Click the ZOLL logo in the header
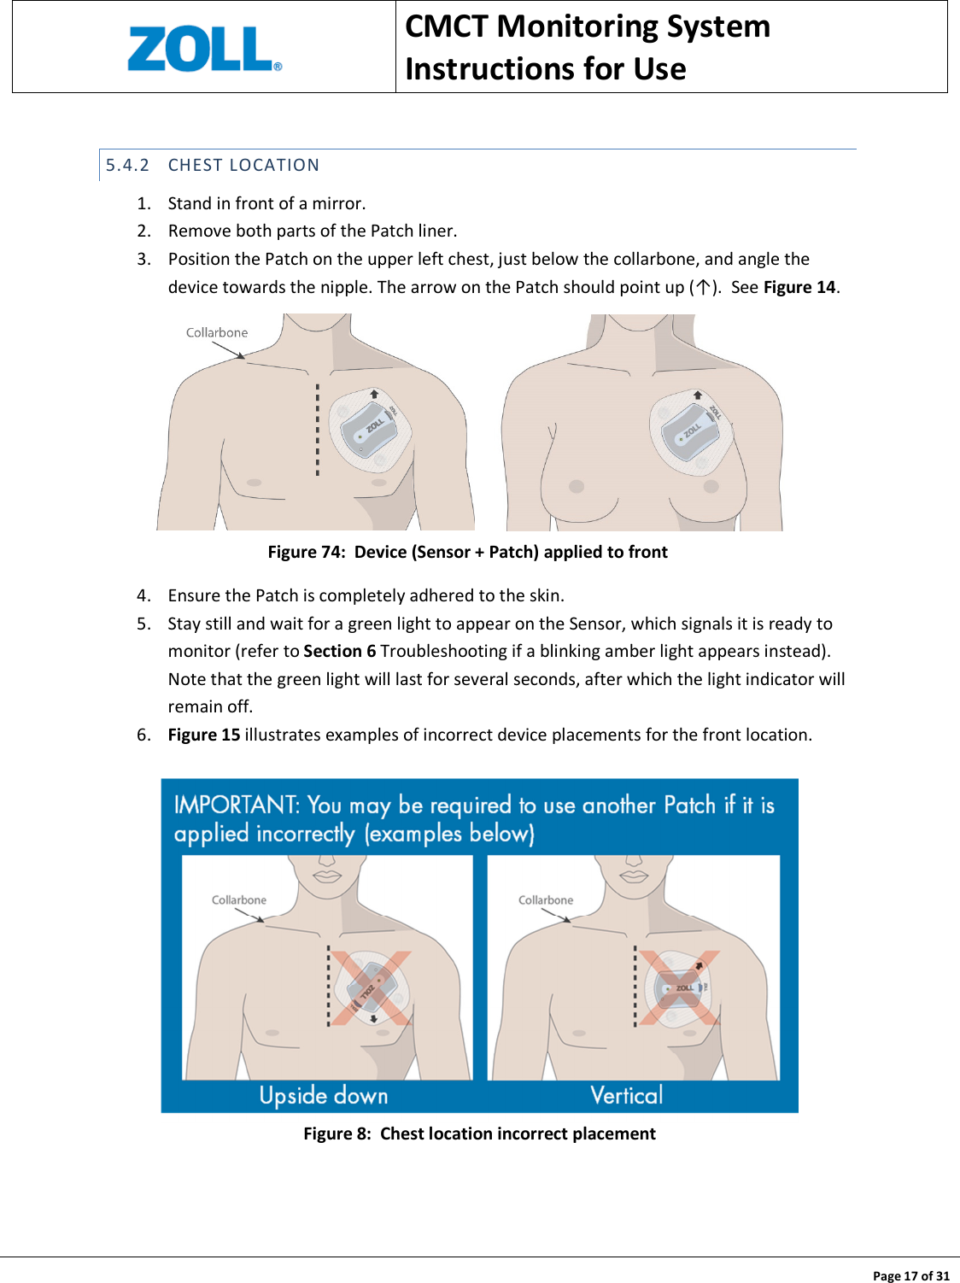(203, 49)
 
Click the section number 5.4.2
(127, 165)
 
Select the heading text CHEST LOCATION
(243, 165)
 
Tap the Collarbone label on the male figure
(217, 332)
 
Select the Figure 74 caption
(467, 552)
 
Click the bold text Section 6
(339, 651)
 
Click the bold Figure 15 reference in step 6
(203, 735)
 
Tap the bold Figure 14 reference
(799, 287)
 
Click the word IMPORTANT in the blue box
(235, 805)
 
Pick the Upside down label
(324, 1095)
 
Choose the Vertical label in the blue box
(626, 1095)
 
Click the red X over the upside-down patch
(372, 988)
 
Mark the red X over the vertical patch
(680, 987)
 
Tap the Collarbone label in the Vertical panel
(546, 900)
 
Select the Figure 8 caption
(479, 1134)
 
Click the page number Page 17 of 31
(910, 1275)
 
